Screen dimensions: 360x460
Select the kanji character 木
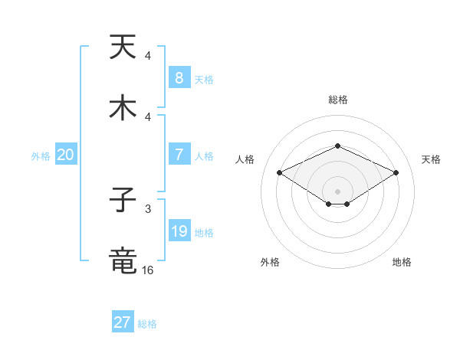[123, 107]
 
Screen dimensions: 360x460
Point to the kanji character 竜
[123, 261]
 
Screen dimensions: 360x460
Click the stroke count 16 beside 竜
[148, 270]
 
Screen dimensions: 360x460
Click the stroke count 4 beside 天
[148, 55]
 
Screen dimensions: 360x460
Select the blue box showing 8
[179, 77]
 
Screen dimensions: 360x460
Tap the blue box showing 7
[179, 154]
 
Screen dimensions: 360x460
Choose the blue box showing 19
[179, 231]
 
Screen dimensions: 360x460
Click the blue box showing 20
[65, 154]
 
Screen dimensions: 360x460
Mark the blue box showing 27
[122, 322]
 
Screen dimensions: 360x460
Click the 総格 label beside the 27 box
[147, 324]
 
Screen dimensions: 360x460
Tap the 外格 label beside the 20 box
[41, 155]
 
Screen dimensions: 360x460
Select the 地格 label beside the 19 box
[204, 232]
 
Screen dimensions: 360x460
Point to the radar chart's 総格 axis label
[337, 100]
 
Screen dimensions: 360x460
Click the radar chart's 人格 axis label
[246, 159]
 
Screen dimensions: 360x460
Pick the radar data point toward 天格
[396, 172]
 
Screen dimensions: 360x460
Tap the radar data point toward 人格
[280, 172]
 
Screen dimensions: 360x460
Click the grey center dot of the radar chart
[337, 191]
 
